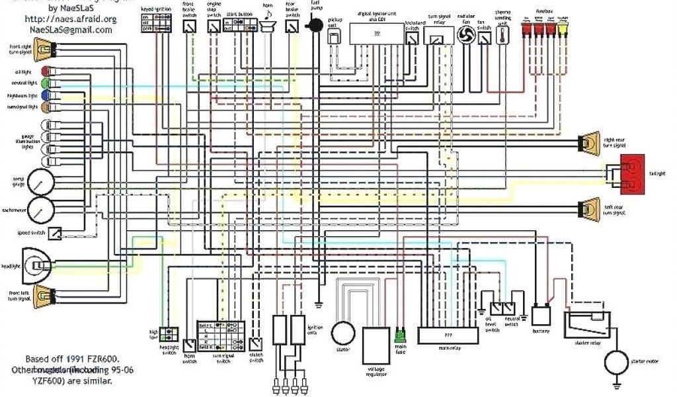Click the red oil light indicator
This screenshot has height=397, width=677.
pos(44,71)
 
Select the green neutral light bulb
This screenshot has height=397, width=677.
pos(44,83)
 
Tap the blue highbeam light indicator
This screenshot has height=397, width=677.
pos(44,95)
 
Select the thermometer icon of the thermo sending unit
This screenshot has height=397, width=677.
pos(503,36)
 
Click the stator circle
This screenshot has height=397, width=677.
pos(343,333)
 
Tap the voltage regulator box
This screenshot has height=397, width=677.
pos(375,345)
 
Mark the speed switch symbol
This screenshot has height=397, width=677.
pos(57,233)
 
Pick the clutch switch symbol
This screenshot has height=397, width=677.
pos(256,343)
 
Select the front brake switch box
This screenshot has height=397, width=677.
pos(190,26)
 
